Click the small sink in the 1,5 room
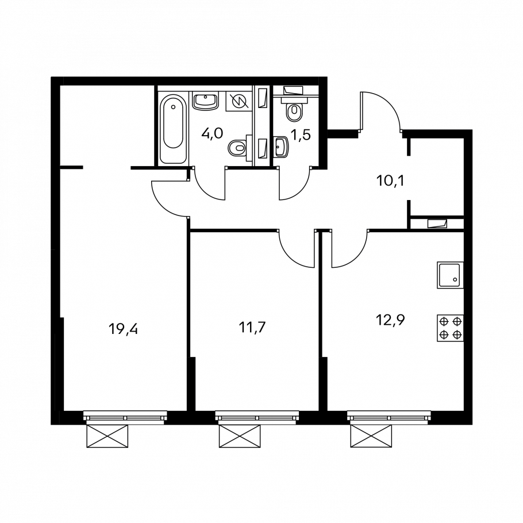tap(280, 147)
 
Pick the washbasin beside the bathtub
tap(206, 101)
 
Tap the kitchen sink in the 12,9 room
tap(450, 275)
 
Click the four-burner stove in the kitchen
tap(450, 328)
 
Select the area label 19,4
tap(123, 329)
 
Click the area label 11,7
tap(252, 328)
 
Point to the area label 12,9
tap(390, 320)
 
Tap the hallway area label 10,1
tap(390, 181)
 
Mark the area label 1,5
tap(301, 135)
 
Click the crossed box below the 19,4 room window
tap(107, 436)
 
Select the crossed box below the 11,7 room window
tap(240, 436)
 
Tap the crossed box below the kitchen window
tap(371, 436)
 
